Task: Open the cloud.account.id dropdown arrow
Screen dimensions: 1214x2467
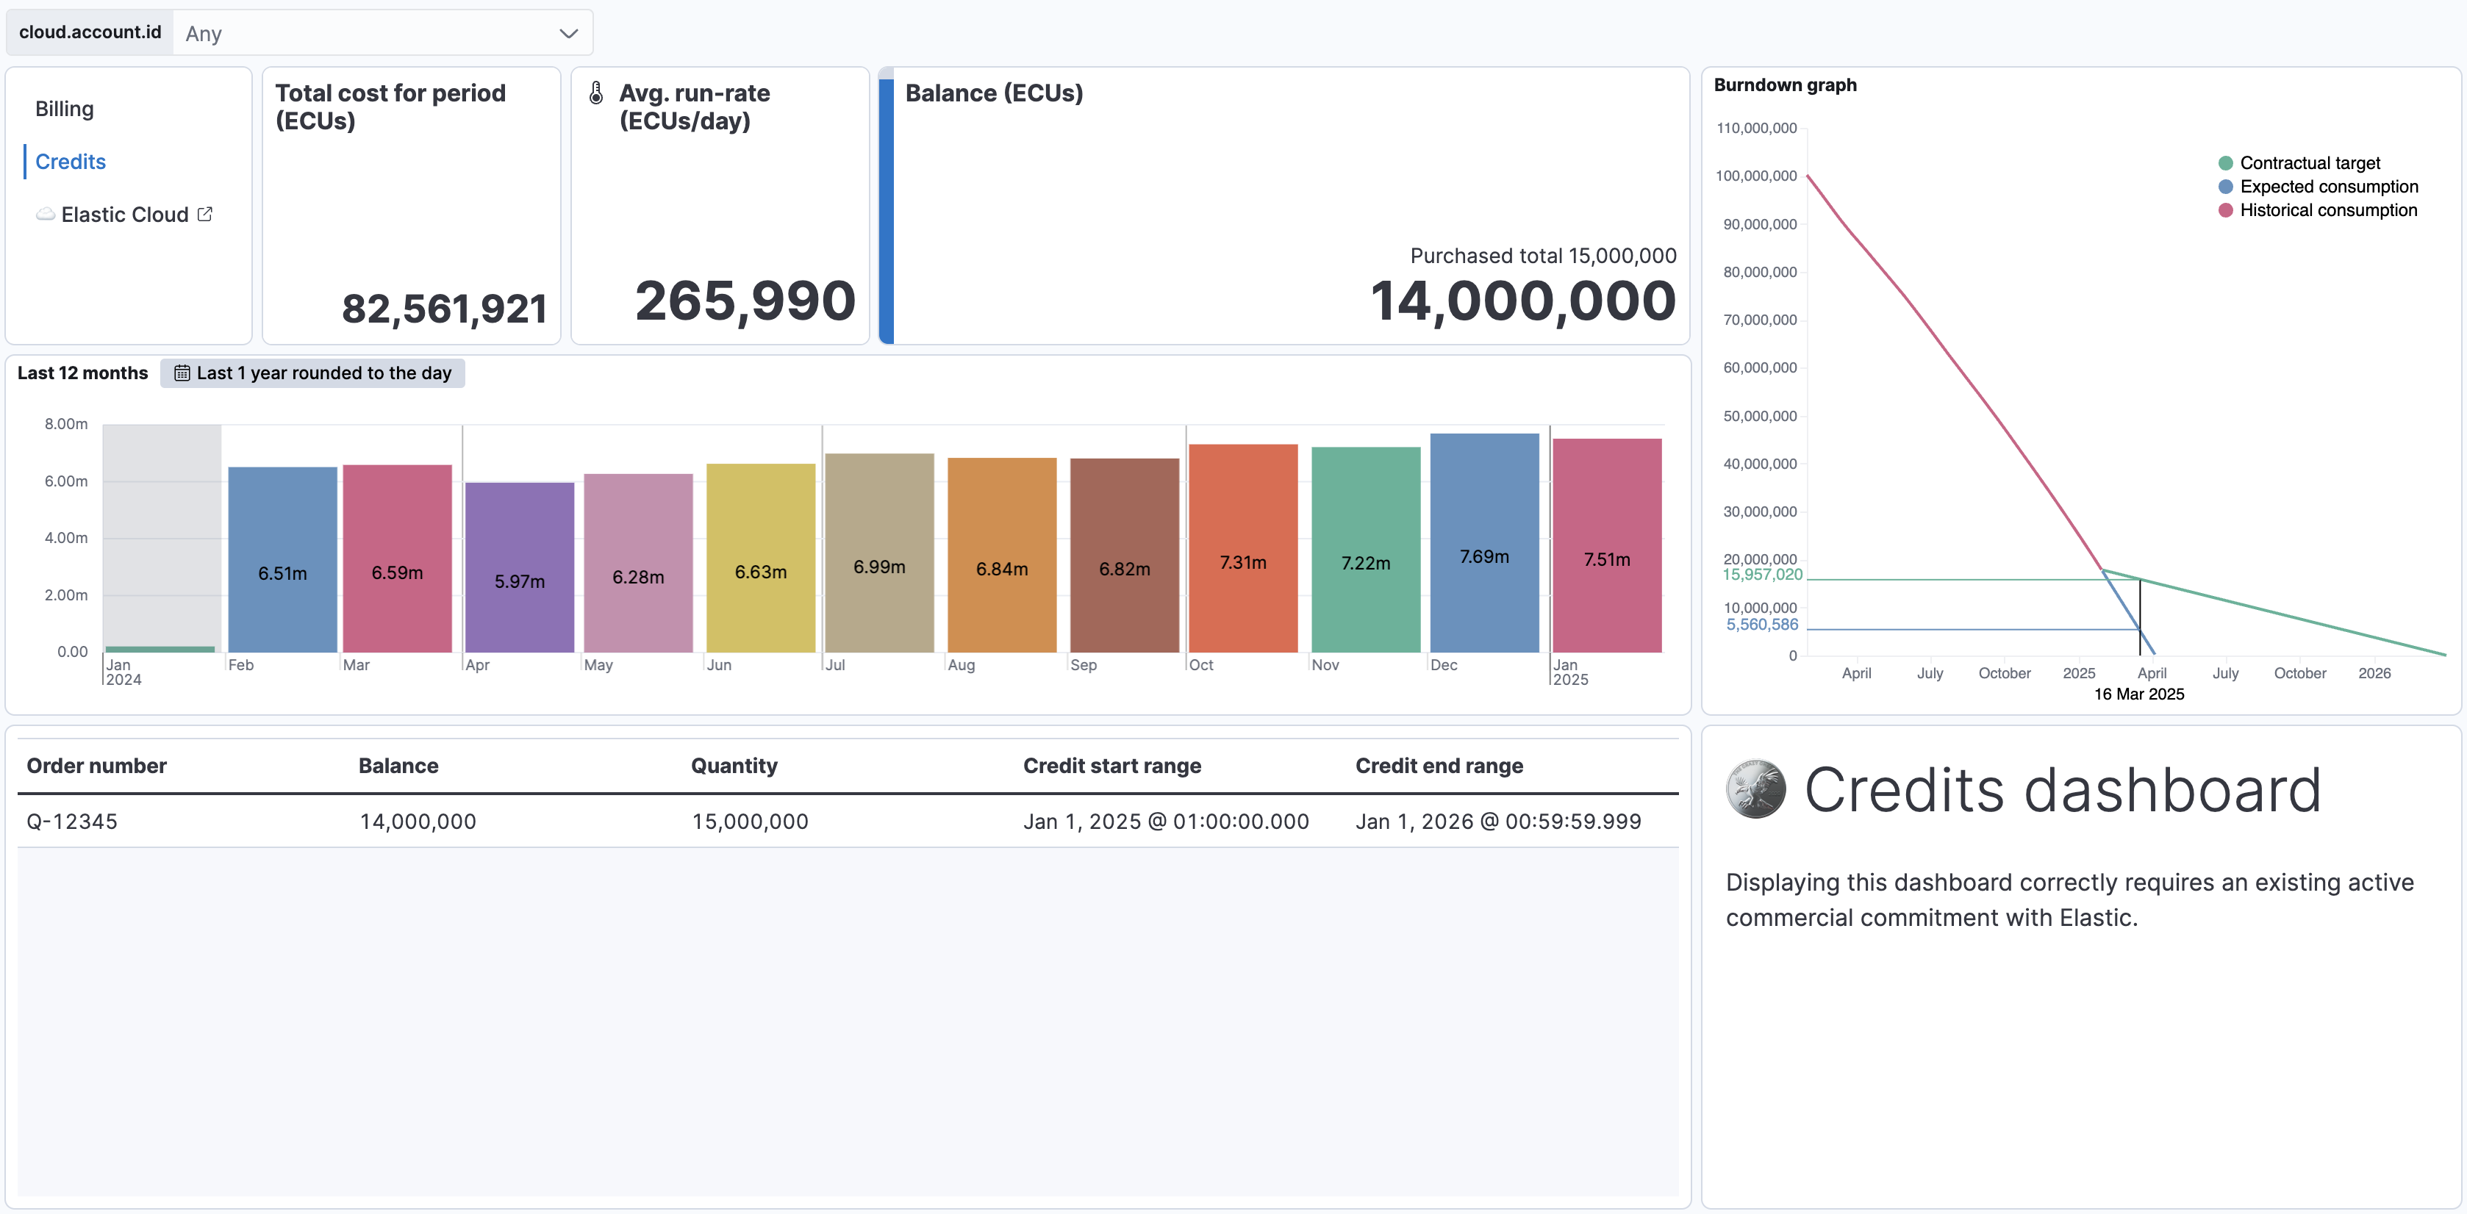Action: click(x=568, y=34)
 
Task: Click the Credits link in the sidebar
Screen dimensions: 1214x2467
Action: click(x=70, y=162)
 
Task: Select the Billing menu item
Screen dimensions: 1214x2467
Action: click(x=64, y=109)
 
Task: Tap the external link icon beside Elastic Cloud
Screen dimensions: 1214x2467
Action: click(x=205, y=215)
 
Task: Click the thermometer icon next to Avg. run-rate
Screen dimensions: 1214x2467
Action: click(x=595, y=93)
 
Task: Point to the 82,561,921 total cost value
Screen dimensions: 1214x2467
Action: click(x=443, y=309)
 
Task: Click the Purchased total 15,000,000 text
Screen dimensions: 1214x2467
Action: click(x=1542, y=256)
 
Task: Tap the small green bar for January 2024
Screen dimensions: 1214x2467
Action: click(x=160, y=649)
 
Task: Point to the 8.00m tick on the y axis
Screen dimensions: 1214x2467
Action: click(x=66, y=424)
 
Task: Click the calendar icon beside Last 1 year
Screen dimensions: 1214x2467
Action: click(x=182, y=373)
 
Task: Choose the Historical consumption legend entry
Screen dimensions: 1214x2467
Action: click(x=2327, y=211)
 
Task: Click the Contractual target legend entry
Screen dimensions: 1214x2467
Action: click(x=2308, y=162)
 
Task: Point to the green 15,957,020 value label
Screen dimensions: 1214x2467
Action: click(x=1761, y=575)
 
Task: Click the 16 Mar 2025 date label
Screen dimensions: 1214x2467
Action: click(x=2138, y=694)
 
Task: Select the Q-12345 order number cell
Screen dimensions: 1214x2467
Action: click(x=72, y=822)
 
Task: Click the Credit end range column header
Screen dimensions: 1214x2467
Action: click(x=1439, y=766)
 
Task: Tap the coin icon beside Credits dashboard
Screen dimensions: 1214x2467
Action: click(x=1755, y=790)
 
